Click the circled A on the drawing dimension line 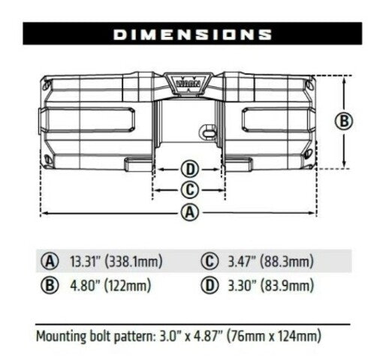tap(191, 212)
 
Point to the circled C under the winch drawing tap(190, 189)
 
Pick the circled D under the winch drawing tap(190, 167)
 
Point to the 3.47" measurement tap(240, 262)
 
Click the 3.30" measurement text tap(240, 286)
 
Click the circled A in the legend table tap(51, 262)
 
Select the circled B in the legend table tap(51, 286)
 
